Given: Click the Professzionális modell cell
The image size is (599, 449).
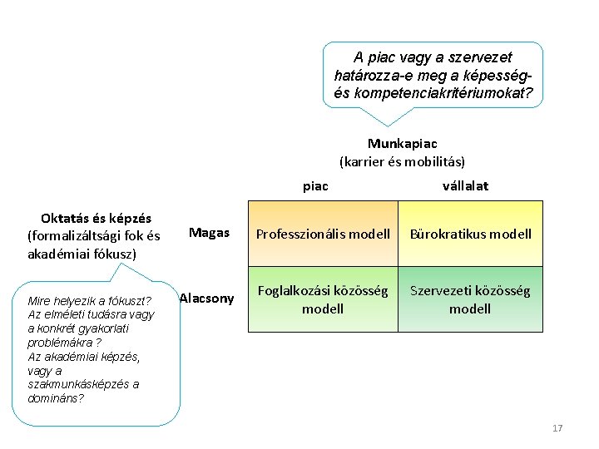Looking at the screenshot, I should coord(323,234).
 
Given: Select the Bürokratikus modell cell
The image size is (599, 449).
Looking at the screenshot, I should coord(470,234).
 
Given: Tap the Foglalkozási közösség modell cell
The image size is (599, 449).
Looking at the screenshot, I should coord(323,299).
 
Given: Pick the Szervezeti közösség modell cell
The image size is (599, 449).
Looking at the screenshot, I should coord(470,299).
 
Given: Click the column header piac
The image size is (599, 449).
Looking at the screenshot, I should coord(315,185).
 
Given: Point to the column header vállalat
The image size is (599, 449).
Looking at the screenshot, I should coord(466,185).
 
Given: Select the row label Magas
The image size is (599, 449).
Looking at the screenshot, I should coord(209,233).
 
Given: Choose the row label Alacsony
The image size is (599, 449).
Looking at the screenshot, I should coord(207,298).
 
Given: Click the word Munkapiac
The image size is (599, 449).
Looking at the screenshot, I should coord(402,144).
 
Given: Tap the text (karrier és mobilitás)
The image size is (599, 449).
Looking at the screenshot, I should coord(402,160).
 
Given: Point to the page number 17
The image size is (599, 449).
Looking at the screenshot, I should coord(557,428).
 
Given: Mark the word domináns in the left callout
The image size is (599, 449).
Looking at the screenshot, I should coord(56,398).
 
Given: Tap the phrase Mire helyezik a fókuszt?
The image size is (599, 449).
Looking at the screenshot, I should coord(90,300).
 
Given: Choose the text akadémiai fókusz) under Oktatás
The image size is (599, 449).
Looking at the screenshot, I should coord(80,254).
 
